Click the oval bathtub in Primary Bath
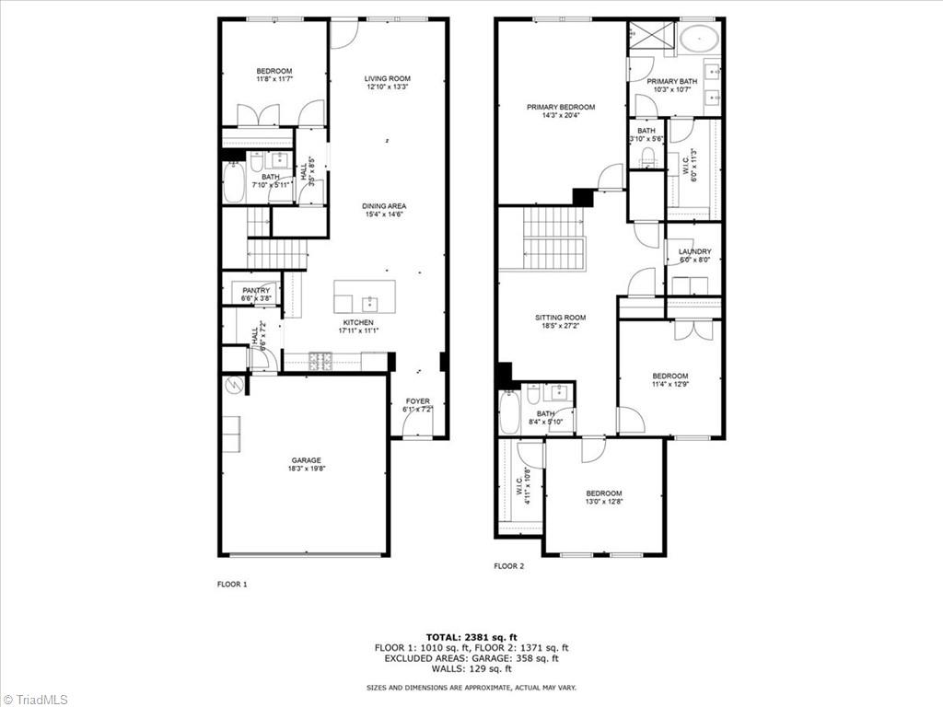(x=700, y=40)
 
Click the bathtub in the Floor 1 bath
(x=234, y=182)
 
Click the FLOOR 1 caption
(x=231, y=584)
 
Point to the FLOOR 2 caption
(x=508, y=566)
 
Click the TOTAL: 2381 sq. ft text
(x=471, y=636)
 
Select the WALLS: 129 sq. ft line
(x=471, y=668)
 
